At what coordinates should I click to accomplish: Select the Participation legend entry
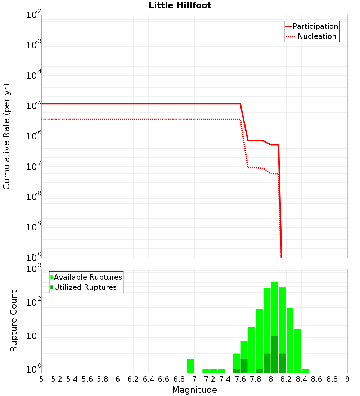312,27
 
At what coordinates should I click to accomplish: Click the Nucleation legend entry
312,37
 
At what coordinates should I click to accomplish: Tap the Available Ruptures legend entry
87,278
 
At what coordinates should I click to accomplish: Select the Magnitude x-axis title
194,390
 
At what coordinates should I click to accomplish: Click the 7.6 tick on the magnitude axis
240,379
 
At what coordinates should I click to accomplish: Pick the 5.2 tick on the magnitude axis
57,379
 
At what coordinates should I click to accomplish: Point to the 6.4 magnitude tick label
148,379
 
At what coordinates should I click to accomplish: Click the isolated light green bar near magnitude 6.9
190,366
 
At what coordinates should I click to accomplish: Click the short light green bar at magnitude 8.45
305,371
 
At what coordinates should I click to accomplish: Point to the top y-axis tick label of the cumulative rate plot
34,15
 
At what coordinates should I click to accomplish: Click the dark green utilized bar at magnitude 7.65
244,366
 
